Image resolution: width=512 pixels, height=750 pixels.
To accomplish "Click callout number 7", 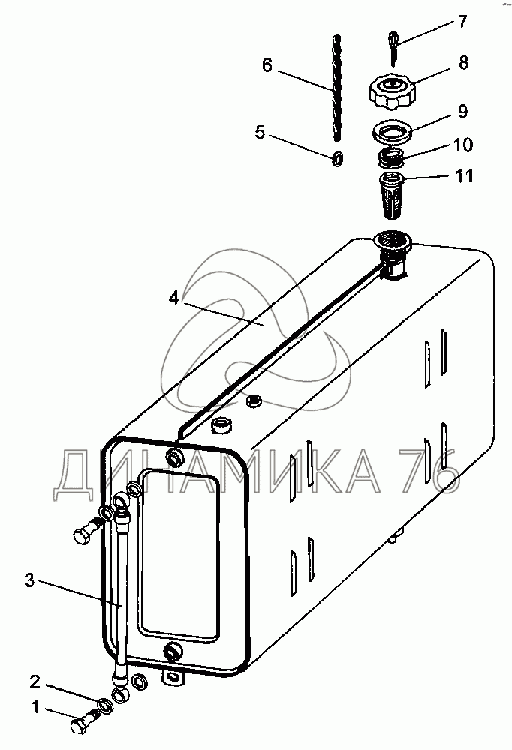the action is coord(462,22).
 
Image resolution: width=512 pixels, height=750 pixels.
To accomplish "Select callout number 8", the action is coord(463,63).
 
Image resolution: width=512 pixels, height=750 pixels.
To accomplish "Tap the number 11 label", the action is coord(464,176).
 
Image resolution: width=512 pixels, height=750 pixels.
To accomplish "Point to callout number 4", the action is coord(173,298).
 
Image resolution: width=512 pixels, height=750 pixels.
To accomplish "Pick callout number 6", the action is coord(267,65).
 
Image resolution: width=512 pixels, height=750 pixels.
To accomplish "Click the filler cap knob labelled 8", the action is coord(392,91).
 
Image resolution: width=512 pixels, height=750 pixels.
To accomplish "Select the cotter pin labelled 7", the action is coord(393,47).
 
